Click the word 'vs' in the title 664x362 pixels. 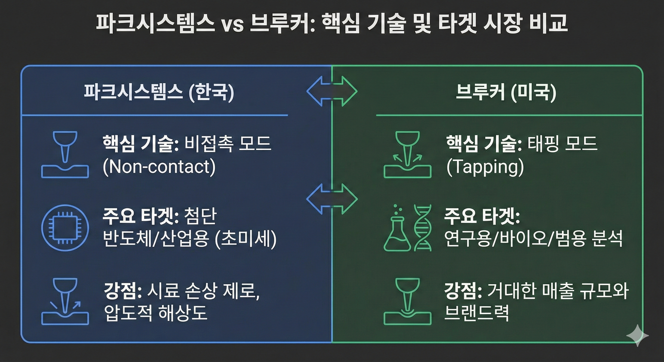pos(232,25)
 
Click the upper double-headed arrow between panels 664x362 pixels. pos(332,91)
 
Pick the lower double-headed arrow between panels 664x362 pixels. pos(332,199)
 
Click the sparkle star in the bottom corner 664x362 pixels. pos(637,335)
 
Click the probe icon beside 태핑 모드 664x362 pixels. pos(407,155)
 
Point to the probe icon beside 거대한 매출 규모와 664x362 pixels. pos(407,301)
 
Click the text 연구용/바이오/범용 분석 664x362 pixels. pos(533,239)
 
